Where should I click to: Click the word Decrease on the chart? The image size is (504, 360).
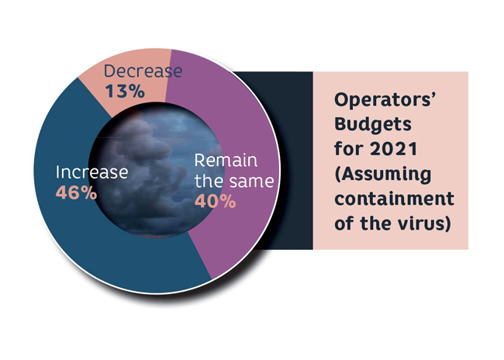[x=143, y=71]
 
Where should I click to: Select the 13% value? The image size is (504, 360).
[x=125, y=92]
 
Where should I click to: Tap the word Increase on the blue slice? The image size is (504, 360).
[x=92, y=172]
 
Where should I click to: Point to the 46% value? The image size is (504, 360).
[x=77, y=192]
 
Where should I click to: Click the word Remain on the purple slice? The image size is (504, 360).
[x=226, y=160]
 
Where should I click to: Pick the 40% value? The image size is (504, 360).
[x=216, y=202]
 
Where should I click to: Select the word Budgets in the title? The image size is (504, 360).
[x=373, y=125]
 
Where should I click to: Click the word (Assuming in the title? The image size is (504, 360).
[x=383, y=175]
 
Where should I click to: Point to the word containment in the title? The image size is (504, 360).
[x=395, y=199]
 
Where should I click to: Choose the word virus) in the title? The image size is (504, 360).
[x=424, y=223]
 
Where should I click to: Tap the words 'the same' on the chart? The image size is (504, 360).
[x=234, y=181]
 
